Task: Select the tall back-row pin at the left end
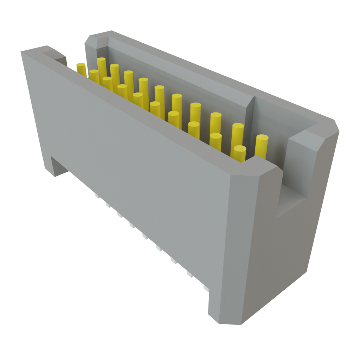pyautogui.click(x=102, y=67)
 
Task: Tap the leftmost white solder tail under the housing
pyautogui.click(x=96, y=195)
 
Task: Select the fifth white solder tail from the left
pyautogui.click(x=145, y=237)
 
